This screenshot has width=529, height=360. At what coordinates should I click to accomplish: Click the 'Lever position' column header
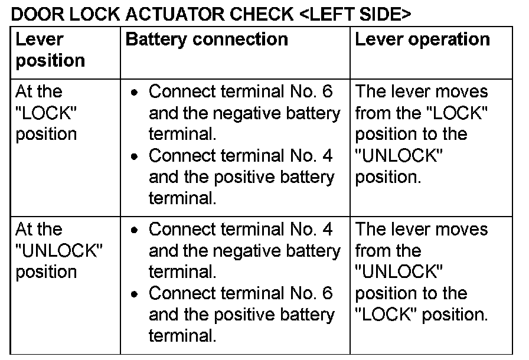point(50,50)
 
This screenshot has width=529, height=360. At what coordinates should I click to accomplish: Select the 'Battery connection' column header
point(207,39)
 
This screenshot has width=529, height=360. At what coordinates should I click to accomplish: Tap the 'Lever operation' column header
point(422,39)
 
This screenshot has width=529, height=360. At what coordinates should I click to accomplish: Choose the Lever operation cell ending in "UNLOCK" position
point(422,135)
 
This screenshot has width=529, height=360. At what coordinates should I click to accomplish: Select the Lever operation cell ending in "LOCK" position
point(422,271)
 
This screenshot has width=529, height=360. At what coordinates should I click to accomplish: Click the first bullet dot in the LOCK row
point(136,94)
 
